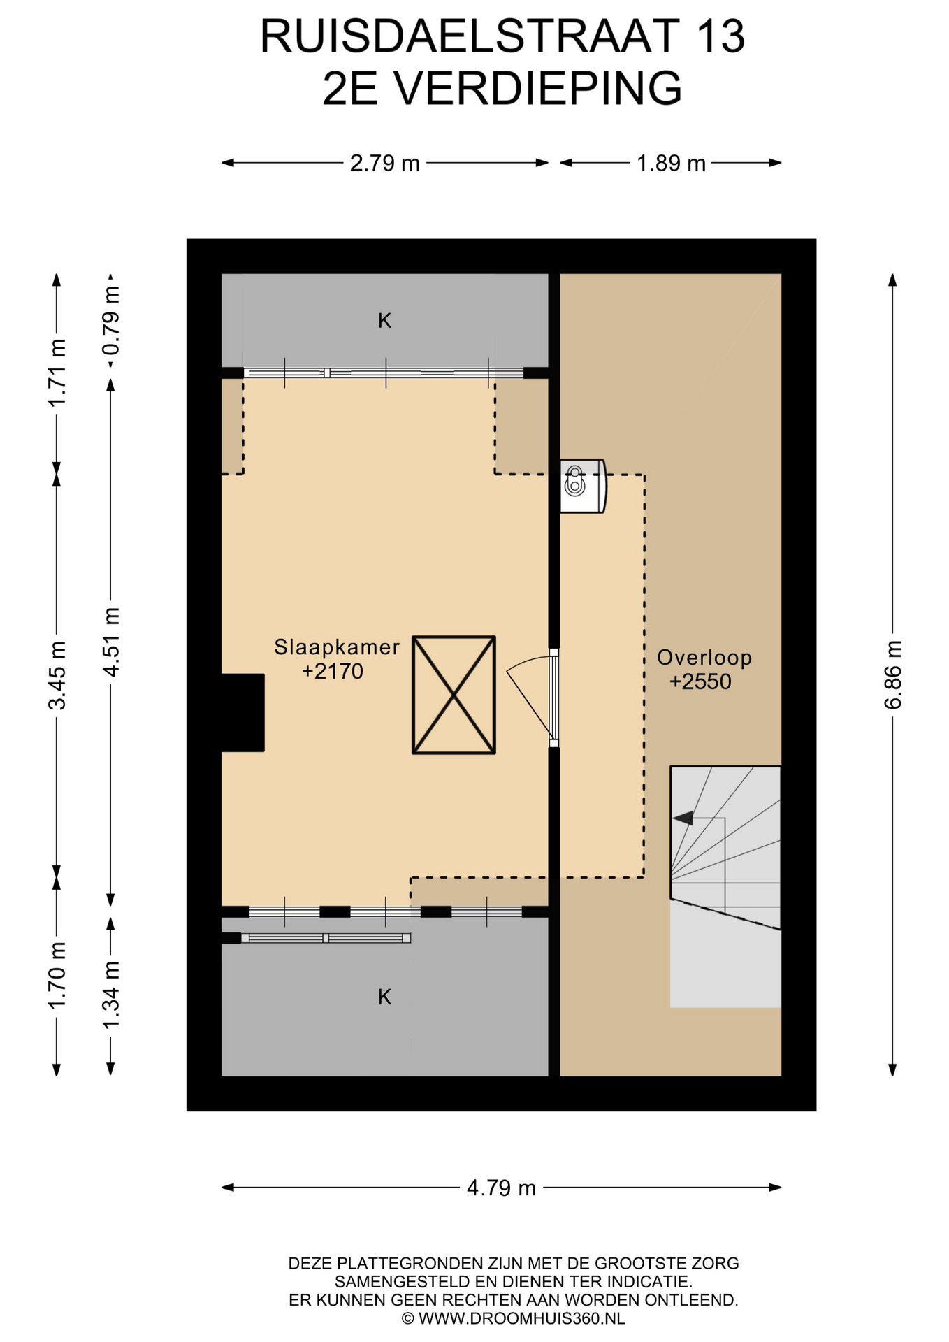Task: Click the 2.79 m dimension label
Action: [384, 164]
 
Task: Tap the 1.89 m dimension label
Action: [671, 164]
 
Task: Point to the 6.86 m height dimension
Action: [893, 674]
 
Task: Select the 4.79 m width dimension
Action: [501, 1188]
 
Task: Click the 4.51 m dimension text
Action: [111, 642]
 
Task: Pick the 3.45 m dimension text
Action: [57, 674]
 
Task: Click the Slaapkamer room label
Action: [337, 647]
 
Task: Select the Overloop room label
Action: [704, 657]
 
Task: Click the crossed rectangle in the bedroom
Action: [454, 695]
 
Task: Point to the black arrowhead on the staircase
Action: [683, 818]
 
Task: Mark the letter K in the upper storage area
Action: [384, 321]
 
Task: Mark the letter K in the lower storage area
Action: [384, 997]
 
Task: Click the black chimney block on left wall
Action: [242, 713]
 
